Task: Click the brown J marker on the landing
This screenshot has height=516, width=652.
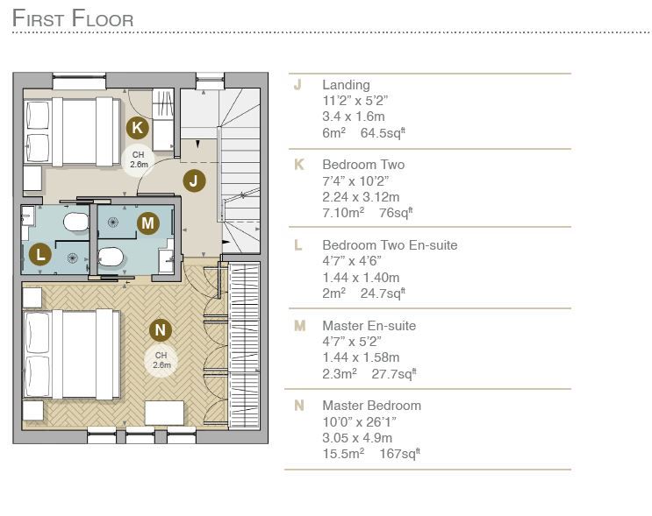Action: click(x=194, y=181)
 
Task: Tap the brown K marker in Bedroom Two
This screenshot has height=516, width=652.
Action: click(x=138, y=127)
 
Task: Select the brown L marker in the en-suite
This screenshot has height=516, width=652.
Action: click(x=39, y=254)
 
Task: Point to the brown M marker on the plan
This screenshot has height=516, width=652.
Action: click(x=148, y=223)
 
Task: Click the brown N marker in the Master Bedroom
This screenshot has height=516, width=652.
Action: click(x=161, y=330)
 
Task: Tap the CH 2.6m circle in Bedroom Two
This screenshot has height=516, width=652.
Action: click(x=139, y=159)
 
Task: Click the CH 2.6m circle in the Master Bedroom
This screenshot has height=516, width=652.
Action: click(x=161, y=360)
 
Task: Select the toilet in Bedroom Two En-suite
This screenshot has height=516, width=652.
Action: click(x=75, y=222)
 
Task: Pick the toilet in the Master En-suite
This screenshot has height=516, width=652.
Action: click(x=111, y=257)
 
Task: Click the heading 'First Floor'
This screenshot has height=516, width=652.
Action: click(x=73, y=18)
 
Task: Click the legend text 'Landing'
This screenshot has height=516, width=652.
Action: click(x=346, y=85)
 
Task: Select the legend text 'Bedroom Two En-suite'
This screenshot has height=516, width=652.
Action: click(x=390, y=245)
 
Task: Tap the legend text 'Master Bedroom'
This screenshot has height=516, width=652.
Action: click(x=372, y=405)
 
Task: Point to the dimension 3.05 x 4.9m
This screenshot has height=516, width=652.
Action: click(x=357, y=437)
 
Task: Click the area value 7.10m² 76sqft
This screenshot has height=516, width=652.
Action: click(x=368, y=212)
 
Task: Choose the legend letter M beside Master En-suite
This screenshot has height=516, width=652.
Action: click(x=299, y=326)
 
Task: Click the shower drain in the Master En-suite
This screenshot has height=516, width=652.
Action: click(x=113, y=223)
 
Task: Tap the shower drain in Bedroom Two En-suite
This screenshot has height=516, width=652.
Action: click(x=72, y=258)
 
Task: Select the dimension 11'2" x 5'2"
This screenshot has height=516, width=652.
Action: click(x=355, y=101)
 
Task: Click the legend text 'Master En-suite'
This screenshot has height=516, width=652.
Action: click(x=369, y=326)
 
